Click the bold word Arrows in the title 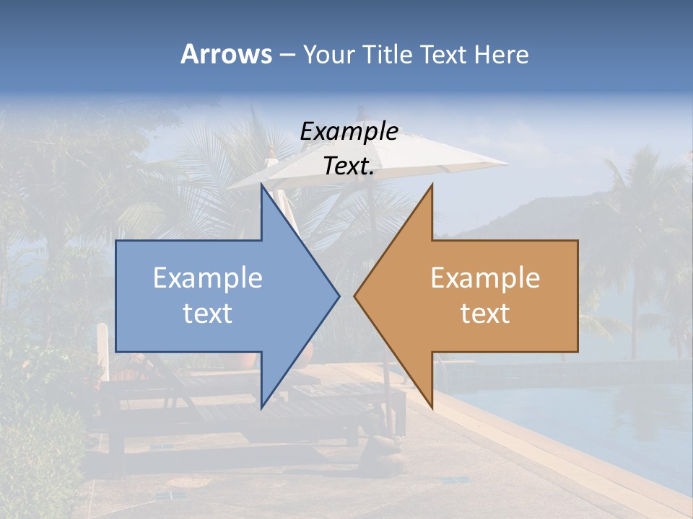coord(226,54)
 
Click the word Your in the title coord(328,55)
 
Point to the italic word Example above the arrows coord(349,132)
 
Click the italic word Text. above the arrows coord(349,167)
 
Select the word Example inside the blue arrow coord(208,278)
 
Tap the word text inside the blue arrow coord(208,313)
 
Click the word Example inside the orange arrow coord(485,278)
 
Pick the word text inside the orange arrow coord(485,313)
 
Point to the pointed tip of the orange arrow coord(355,295)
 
